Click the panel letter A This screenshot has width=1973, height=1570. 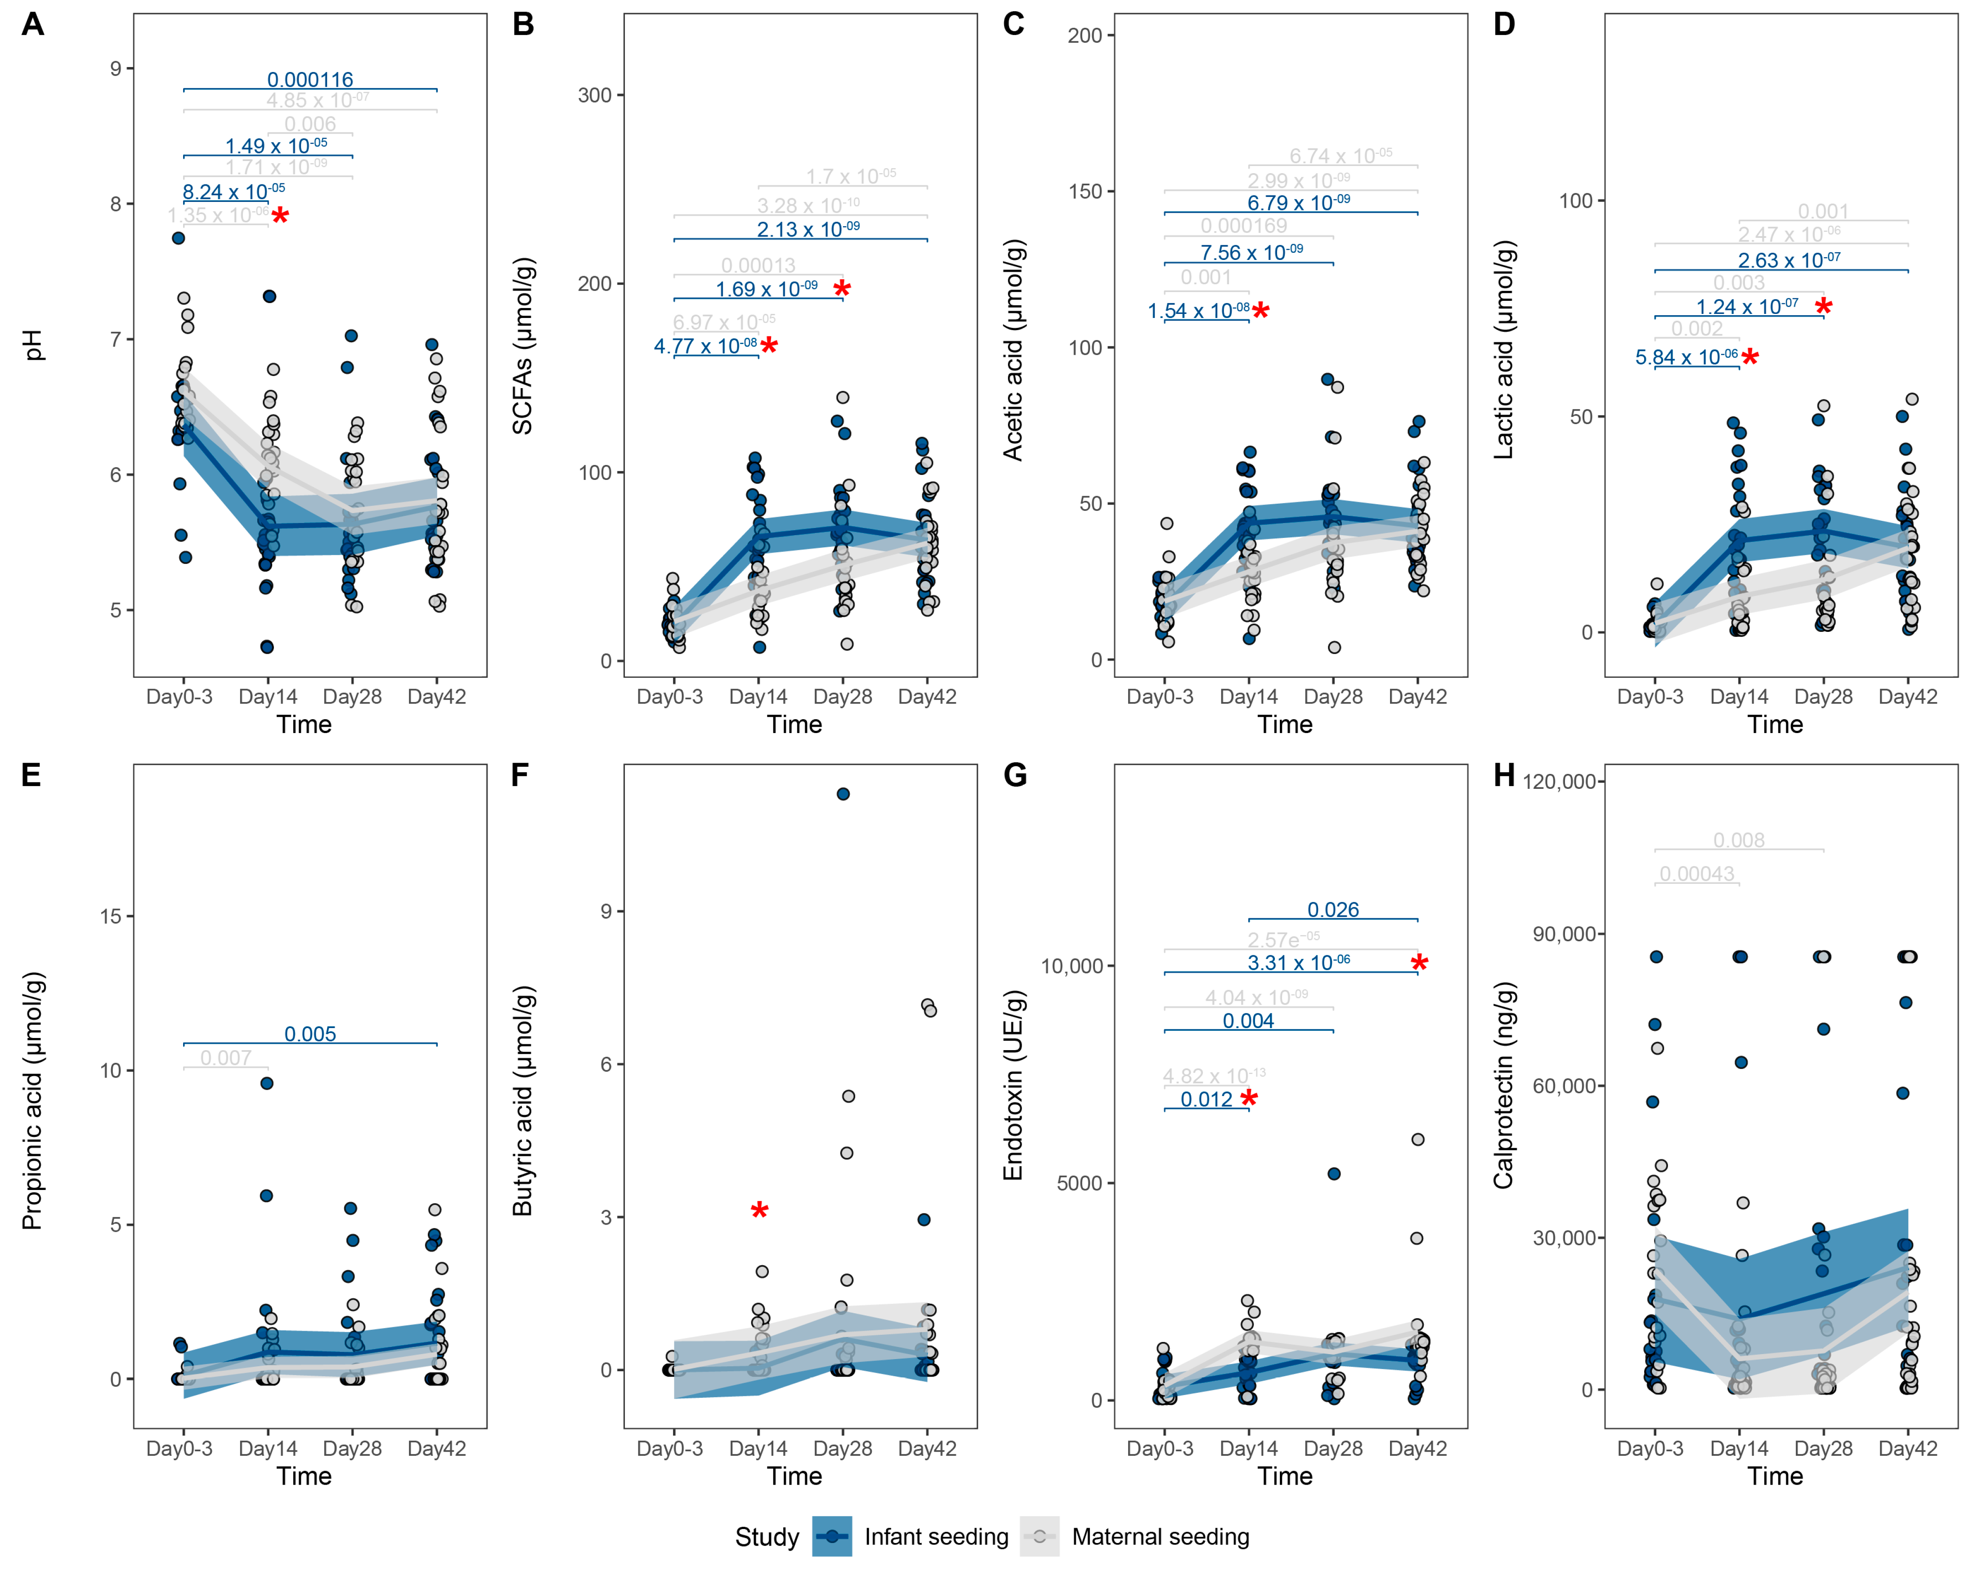[x=33, y=25]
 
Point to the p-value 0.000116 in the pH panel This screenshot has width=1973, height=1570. [x=310, y=80]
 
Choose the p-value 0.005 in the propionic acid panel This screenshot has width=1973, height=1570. [x=310, y=1034]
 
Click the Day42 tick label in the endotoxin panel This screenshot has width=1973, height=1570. [x=1417, y=1448]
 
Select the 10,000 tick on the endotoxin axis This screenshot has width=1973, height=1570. [x=1072, y=966]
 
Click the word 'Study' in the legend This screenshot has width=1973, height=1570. [x=767, y=1537]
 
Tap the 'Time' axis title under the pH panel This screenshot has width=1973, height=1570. [x=304, y=725]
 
